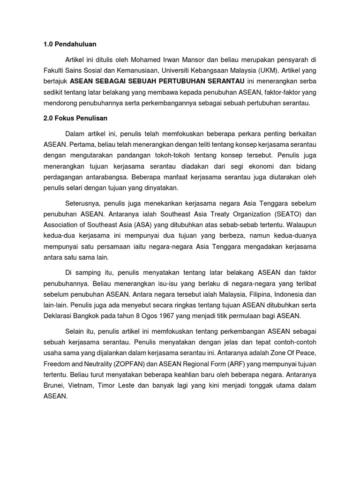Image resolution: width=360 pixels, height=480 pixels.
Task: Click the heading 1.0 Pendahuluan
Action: tap(69, 44)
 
